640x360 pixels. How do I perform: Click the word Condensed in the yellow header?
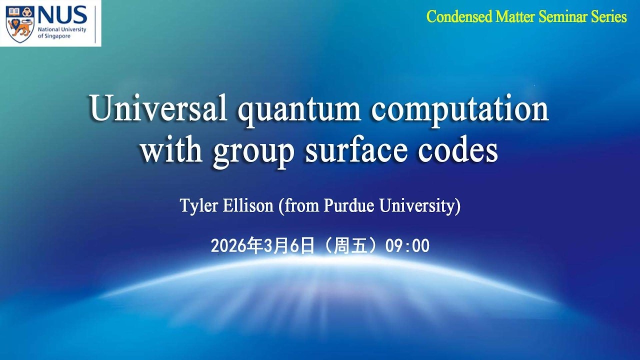[458, 17]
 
